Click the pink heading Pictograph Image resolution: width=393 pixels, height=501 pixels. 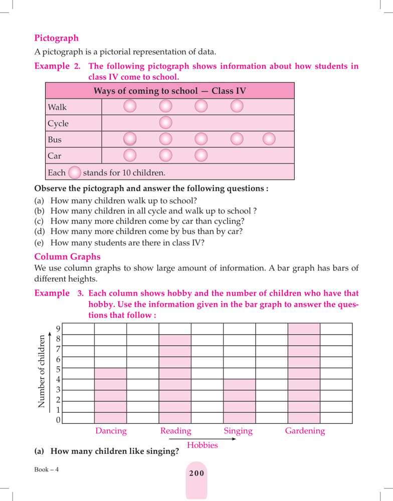click(x=56, y=38)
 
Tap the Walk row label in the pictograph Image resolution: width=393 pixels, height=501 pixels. click(x=57, y=107)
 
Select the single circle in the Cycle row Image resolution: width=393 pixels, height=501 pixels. click(x=165, y=123)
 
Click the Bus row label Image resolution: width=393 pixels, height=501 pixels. click(x=55, y=139)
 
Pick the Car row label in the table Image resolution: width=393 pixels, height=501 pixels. click(x=54, y=156)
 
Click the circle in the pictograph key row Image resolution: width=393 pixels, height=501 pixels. click(x=74, y=173)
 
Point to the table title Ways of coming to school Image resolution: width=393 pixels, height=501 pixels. click(x=169, y=91)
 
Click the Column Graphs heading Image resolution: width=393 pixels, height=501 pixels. click(x=67, y=257)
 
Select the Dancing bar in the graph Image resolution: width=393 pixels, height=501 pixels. click(x=111, y=396)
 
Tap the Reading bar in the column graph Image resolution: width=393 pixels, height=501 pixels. click(x=175, y=379)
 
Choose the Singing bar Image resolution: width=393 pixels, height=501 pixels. click(x=239, y=401)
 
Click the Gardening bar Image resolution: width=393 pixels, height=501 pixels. click(x=304, y=373)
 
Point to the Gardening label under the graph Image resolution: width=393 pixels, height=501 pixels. click(x=305, y=431)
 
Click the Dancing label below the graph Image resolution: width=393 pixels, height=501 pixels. click(x=111, y=431)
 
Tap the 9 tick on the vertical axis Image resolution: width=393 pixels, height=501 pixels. click(x=58, y=329)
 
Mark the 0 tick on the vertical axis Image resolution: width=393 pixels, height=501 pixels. click(x=58, y=420)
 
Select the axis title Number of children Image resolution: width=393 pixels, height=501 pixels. click(x=42, y=371)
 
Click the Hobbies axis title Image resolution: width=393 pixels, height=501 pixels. click(x=202, y=445)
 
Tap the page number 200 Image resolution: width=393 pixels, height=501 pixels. click(x=197, y=473)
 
